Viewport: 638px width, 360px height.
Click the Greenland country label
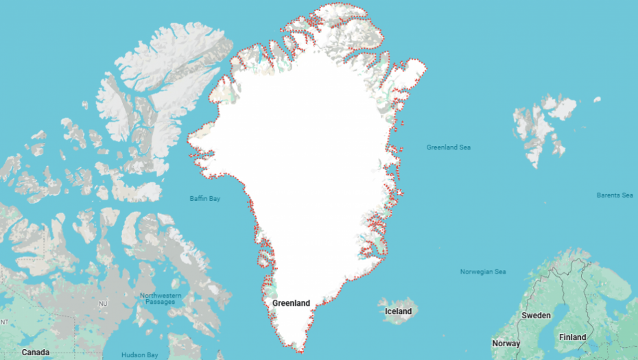click(x=291, y=303)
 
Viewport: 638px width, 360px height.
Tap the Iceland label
click(x=398, y=311)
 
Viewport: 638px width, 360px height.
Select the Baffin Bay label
click(x=204, y=199)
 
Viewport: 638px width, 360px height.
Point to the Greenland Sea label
click(x=448, y=147)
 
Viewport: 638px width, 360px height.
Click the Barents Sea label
click(x=614, y=195)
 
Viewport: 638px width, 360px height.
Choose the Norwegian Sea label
click(x=483, y=272)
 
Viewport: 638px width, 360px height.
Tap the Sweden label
click(x=536, y=315)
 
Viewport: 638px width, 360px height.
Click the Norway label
click(x=506, y=344)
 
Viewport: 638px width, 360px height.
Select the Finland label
click(x=572, y=337)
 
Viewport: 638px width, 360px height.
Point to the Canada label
click(x=35, y=352)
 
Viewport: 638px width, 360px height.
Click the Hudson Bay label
click(x=140, y=355)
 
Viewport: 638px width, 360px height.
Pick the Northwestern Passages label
click(x=161, y=299)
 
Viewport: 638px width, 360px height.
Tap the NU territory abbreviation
click(x=104, y=303)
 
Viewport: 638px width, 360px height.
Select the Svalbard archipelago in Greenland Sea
click(x=542, y=127)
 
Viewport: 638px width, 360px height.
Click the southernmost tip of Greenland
click(x=300, y=352)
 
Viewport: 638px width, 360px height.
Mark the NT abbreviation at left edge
click(x=3, y=322)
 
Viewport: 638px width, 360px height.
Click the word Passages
click(x=161, y=302)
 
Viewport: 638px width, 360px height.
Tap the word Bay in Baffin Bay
click(x=215, y=199)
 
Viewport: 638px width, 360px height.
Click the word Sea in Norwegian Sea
click(x=499, y=272)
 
